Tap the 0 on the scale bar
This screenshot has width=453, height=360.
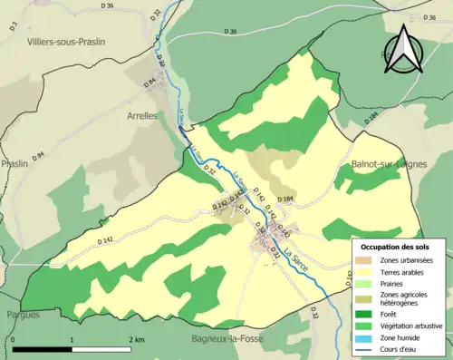tap(14, 339)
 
